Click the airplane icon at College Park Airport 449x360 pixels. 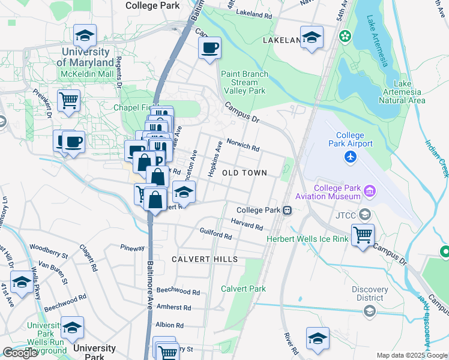click(x=351, y=157)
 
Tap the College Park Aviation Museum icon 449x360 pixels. click(x=369, y=192)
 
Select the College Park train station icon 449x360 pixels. click(x=288, y=211)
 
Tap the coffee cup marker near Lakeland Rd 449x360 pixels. click(x=209, y=48)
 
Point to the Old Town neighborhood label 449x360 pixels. click(x=244, y=173)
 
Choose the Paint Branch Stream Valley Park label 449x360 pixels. click(x=244, y=82)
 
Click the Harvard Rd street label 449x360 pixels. click(x=247, y=224)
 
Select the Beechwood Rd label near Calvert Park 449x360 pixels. click(x=178, y=292)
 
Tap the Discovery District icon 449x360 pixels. click(x=369, y=310)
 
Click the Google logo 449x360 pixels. click(x=20, y=353)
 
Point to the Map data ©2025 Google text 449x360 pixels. click(x=412, y=355)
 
